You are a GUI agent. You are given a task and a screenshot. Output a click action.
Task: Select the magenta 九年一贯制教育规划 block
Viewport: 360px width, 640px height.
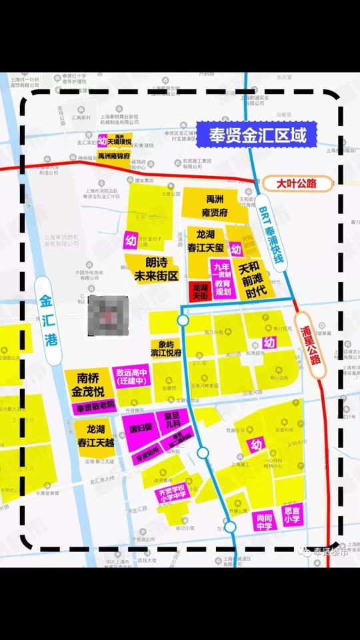point(222,277)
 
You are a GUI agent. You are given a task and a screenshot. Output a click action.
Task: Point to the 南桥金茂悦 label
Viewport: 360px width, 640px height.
point(88,385)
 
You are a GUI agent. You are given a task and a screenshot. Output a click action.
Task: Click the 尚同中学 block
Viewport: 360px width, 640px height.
point(264,521)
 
